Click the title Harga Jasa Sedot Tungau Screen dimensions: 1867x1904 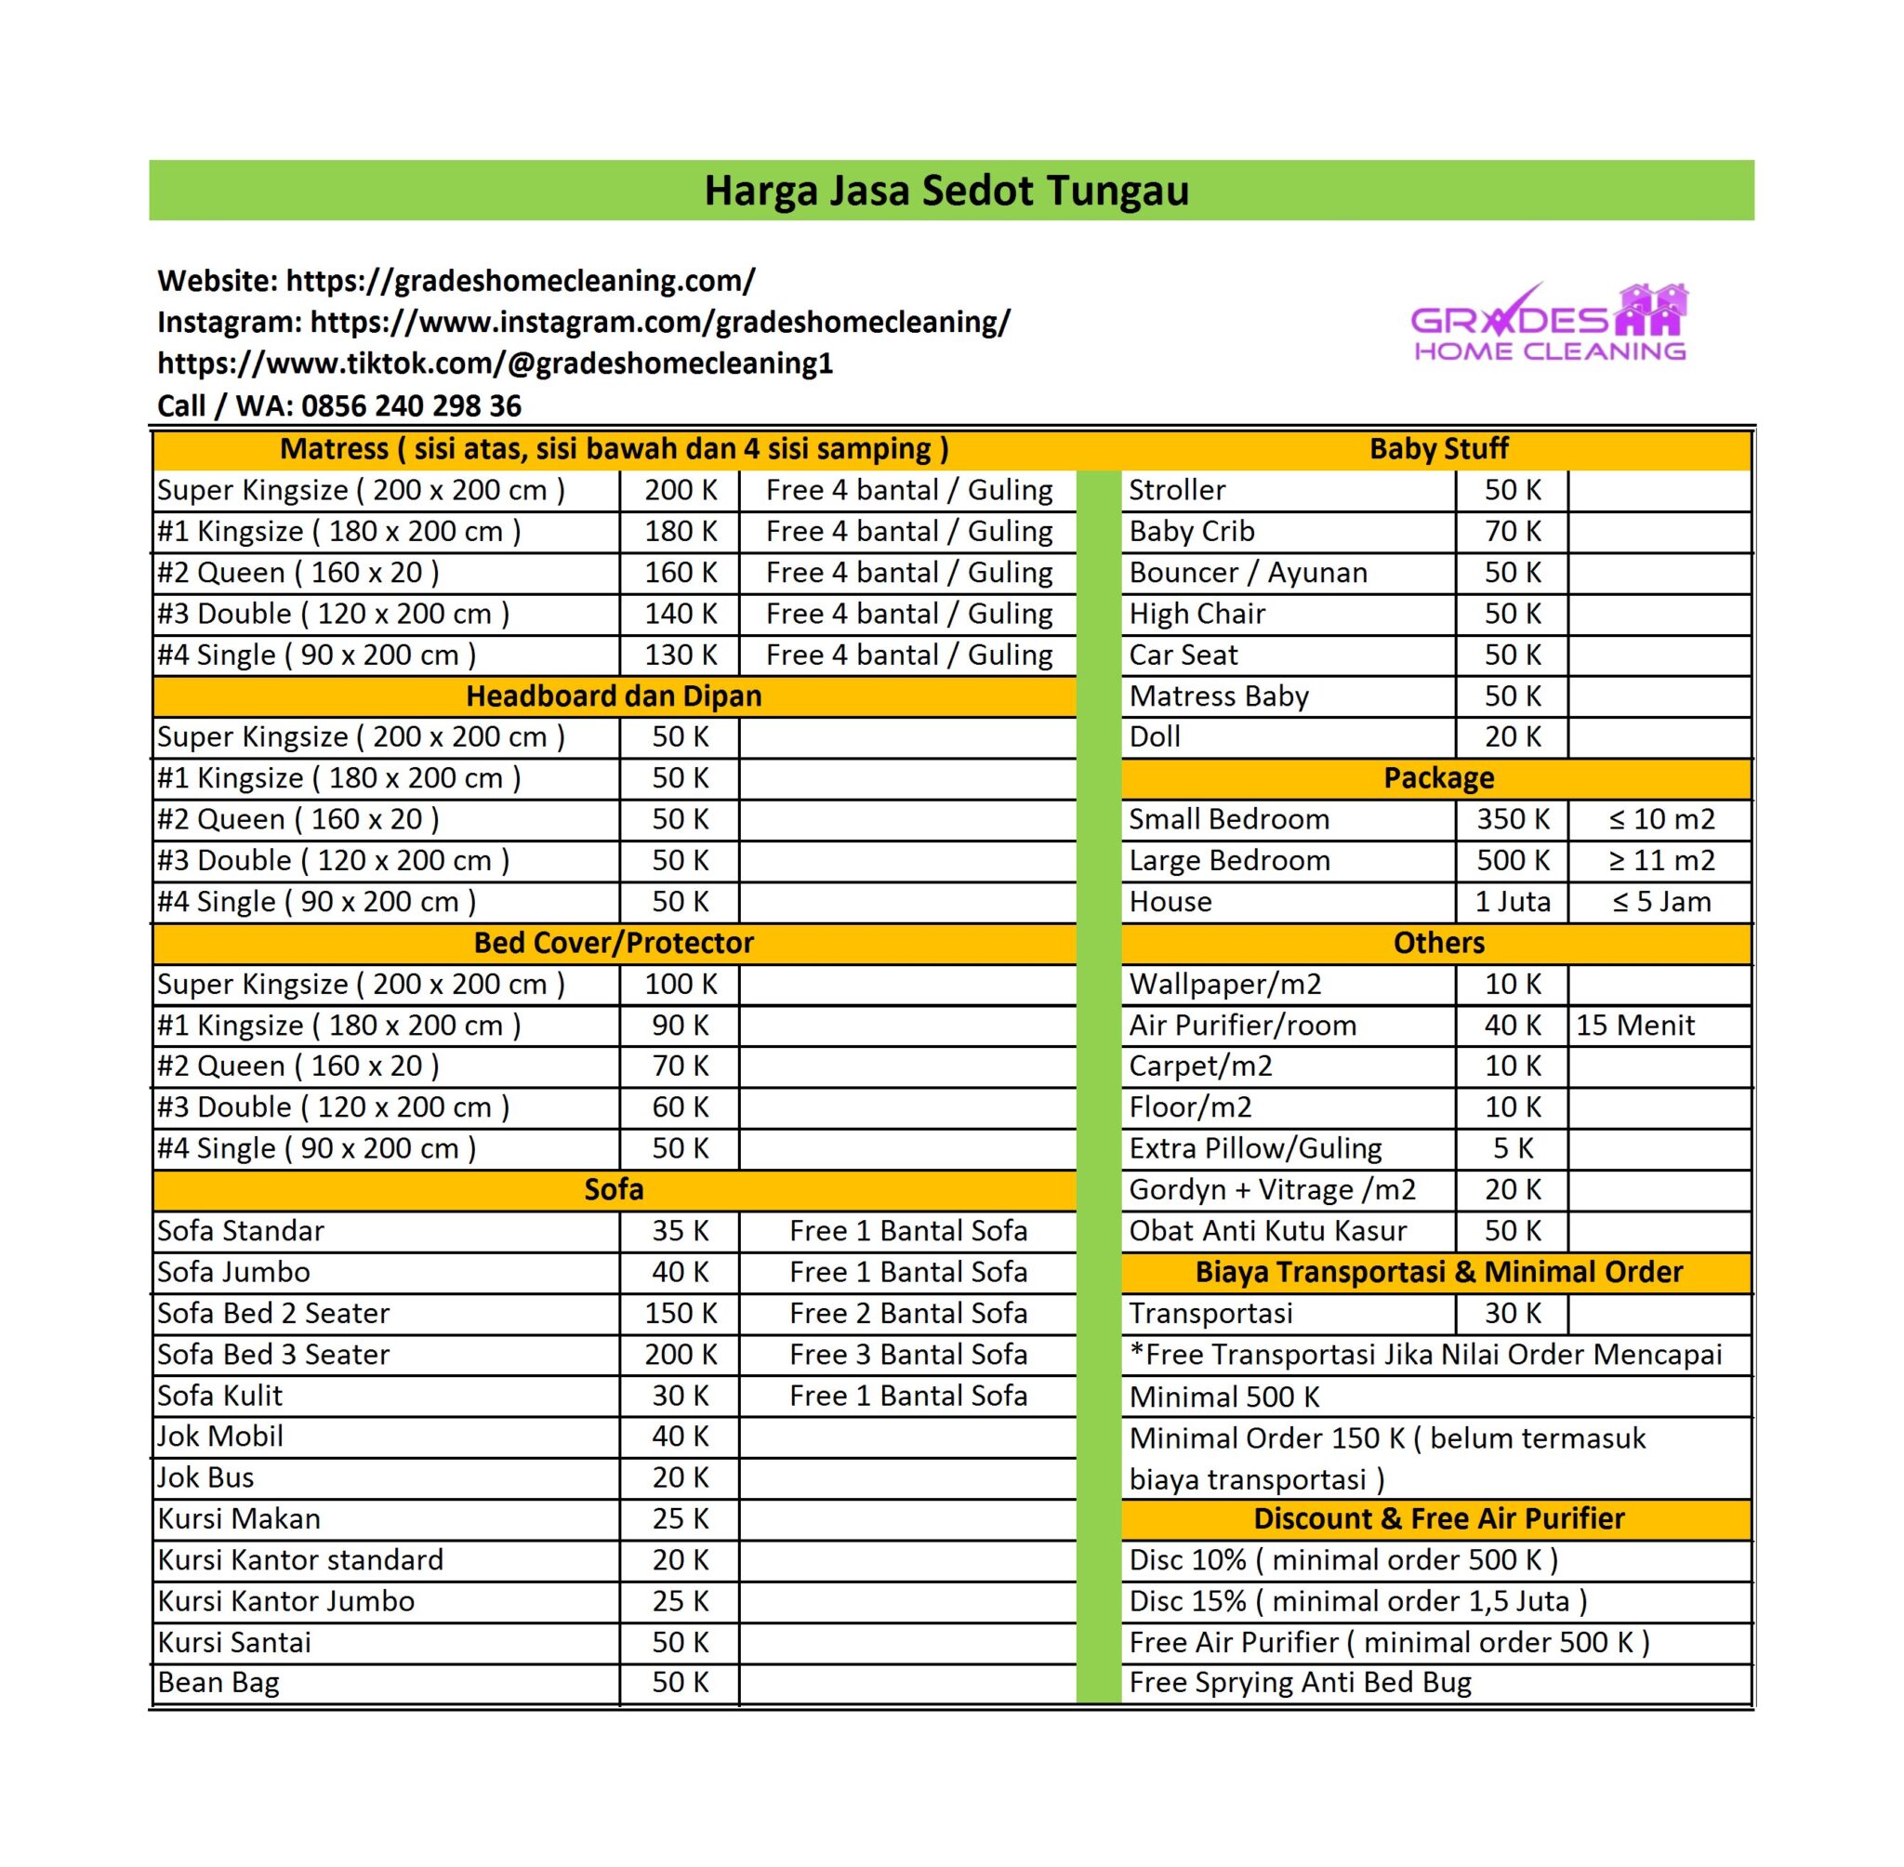946,191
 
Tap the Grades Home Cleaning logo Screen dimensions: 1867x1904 1549,324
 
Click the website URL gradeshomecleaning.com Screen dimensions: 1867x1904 520,281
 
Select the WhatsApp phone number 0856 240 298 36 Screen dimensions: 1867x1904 411,405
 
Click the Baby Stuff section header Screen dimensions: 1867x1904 1437,449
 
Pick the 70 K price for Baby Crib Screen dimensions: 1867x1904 1512,532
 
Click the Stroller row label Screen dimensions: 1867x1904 1176,490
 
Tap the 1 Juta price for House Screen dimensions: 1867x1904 1512,901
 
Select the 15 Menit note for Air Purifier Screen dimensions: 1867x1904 1634,1025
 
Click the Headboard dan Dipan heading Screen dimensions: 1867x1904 614,696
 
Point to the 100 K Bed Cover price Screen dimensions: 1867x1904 681,984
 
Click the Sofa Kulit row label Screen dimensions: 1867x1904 219,1396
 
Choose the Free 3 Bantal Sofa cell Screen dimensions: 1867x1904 908,1354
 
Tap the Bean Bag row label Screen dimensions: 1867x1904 218,1683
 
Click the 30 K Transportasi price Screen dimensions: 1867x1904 1512,1313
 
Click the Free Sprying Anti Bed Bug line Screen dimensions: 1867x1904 1300,1683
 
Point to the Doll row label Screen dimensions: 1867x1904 1154,736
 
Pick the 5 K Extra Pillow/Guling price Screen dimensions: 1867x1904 1512,1148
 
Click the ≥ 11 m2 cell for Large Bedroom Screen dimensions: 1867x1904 1660,860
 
